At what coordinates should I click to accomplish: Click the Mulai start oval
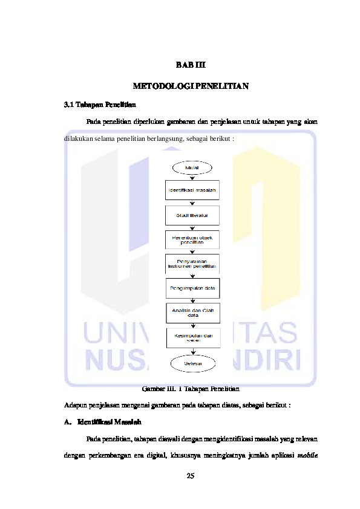pos(192,167)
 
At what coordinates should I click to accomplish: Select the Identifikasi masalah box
pos(192,190)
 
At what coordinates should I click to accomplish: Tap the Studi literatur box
pos(192,215)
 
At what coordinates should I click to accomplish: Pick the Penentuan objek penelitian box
pos(192,239)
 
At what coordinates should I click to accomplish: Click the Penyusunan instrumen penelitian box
pos(192,264)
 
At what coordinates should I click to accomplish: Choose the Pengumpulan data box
pos(192,288)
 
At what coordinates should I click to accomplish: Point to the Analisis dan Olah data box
pos(192,313)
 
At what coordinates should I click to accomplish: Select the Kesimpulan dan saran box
pos(192,337)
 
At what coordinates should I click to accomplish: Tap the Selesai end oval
pos(192,363)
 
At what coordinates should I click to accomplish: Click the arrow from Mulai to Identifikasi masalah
pos(192,177)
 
